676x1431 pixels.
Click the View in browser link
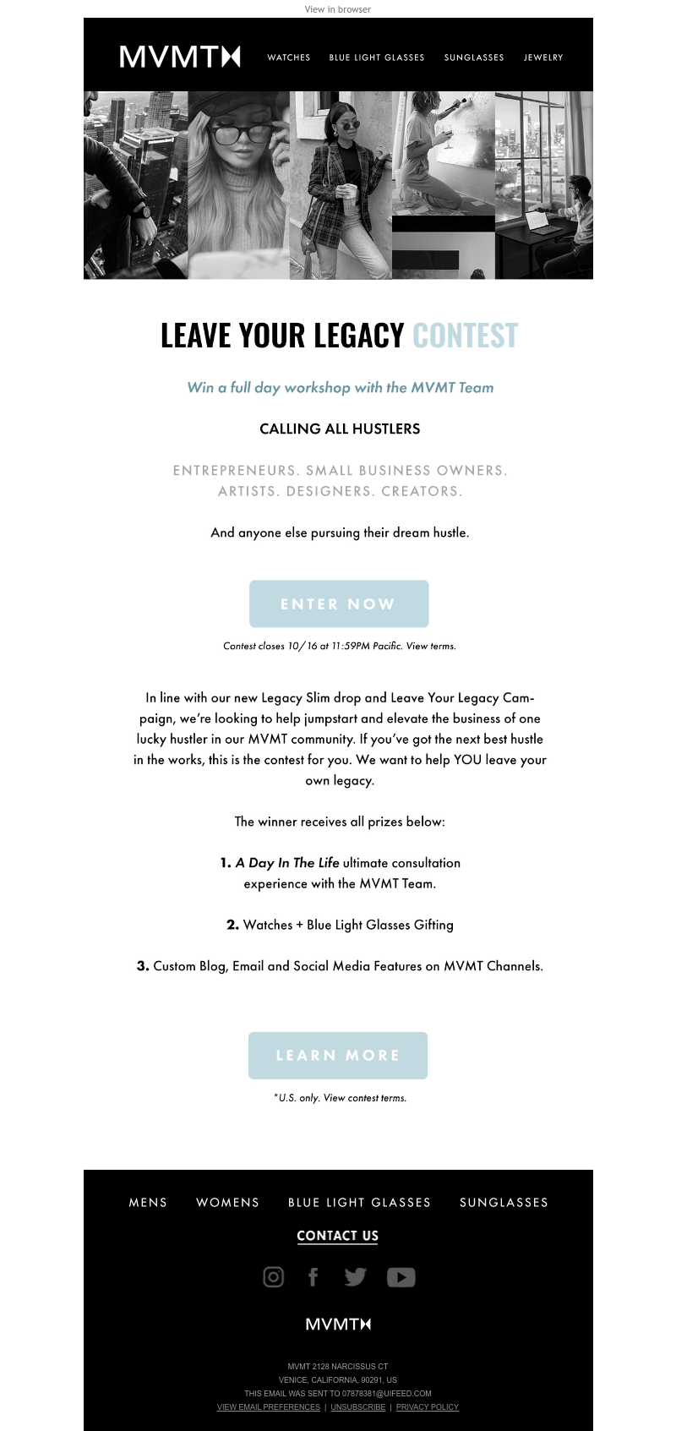[338, 9]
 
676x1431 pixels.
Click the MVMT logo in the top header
[180, 57]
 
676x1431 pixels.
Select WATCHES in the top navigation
[289, 57]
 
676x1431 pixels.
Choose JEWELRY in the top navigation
[543, 57]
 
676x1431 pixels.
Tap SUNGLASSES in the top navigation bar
[474, 57]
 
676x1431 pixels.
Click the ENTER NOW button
[339, 604]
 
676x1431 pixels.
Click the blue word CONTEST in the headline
[465, 336]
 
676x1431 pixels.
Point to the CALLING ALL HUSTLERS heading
[340, 429]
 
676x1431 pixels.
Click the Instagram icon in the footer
[274, 1276]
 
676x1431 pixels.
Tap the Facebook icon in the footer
[313, 1276]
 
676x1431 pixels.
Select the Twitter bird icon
[355, 1276]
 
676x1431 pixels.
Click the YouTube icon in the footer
[401, 1276]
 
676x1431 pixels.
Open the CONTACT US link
[338, 1236]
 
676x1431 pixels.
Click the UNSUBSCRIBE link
[358, 1407]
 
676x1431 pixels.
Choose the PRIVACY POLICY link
[428, 1407]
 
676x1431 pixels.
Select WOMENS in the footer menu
[228, 1202]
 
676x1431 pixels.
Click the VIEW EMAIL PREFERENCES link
[269, 1407]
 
